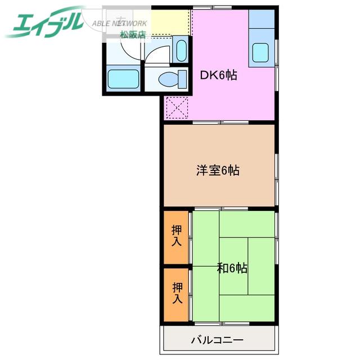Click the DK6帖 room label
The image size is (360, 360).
point(219,75)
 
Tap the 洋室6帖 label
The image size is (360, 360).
point(218,170)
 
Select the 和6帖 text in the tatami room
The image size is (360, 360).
point(232,268)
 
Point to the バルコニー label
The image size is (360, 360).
point(217,340)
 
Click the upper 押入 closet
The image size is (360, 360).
point(176,237)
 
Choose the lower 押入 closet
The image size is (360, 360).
point(176,295)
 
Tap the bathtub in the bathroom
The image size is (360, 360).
point(124,79)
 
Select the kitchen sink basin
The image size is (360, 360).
point(260,52)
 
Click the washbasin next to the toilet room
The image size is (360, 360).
point(181,51)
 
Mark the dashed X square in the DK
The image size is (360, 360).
point(177,108)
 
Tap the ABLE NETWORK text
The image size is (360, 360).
point(119,24)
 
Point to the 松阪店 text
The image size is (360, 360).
point(133,34)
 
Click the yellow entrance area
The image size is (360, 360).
point(170,22)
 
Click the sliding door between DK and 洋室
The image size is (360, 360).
point(220,123)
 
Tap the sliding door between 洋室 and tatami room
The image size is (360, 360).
point(221,209)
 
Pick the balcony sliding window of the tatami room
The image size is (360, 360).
point(222,324)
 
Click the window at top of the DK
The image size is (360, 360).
point(212,7)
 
